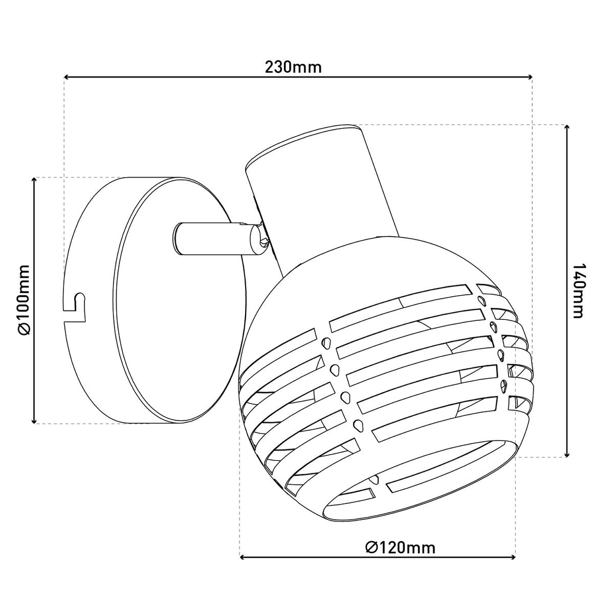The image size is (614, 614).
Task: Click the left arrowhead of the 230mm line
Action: [67, 78]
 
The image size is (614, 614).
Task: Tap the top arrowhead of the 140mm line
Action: [566, 128]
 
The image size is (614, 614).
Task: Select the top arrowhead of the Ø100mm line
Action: [34, 181]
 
